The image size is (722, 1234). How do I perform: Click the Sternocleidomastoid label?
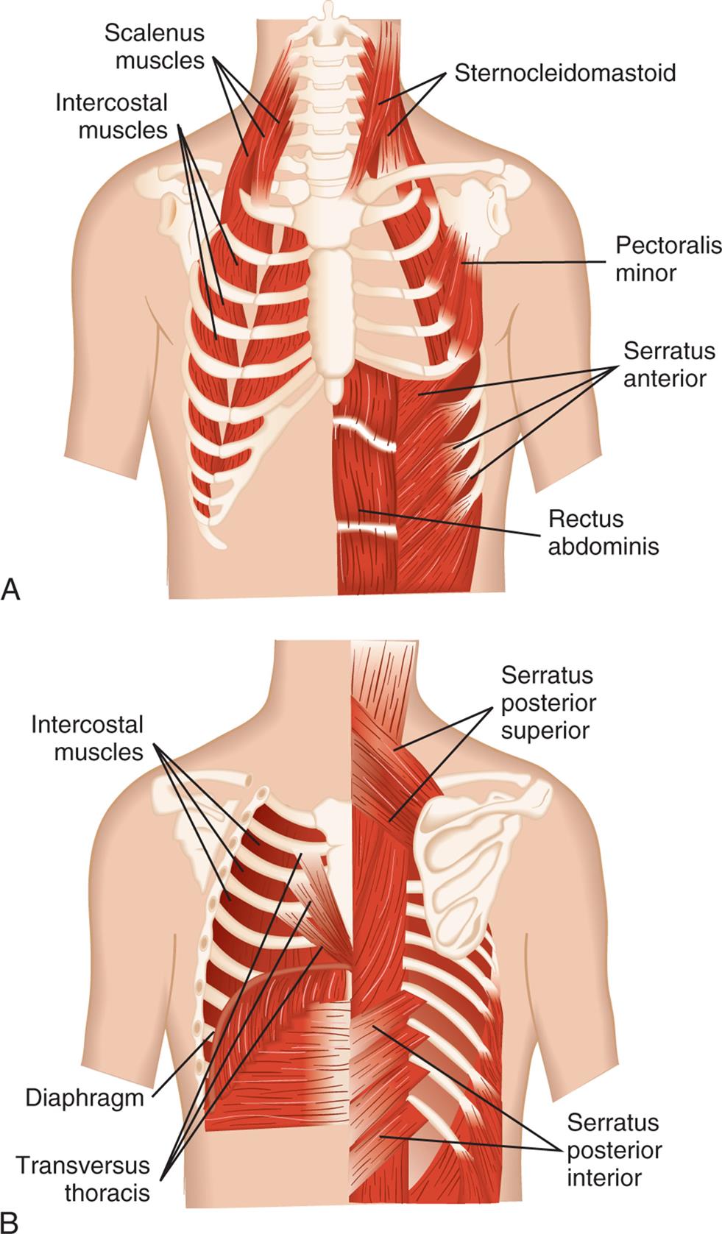tap(564, 74)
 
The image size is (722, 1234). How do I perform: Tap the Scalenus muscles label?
tap(155, 46)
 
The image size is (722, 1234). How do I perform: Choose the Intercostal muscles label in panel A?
tap(112, 116)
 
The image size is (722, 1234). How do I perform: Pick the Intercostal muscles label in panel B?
tap(88, 738)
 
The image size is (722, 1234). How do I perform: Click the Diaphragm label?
tap(85, 1099)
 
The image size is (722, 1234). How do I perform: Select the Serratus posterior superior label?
tap(548, 703)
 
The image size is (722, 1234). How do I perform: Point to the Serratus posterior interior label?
tap(613, 1150)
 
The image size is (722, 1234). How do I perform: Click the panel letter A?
tap(12, 589)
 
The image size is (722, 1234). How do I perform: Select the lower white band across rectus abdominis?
tap(366, 528)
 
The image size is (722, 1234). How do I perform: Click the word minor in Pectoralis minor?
tap(646, 273)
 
